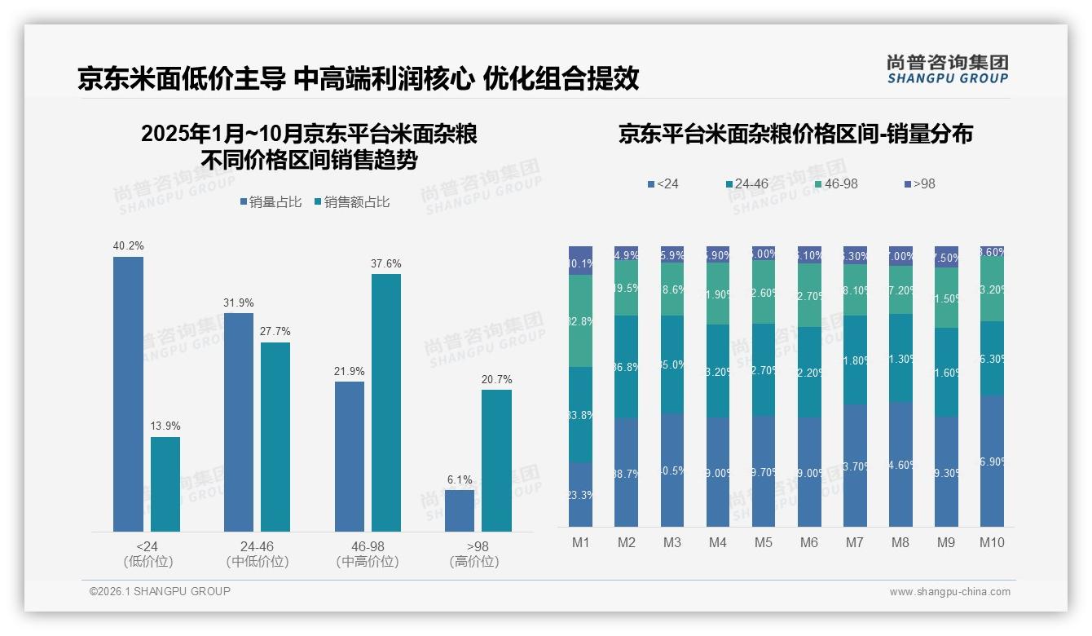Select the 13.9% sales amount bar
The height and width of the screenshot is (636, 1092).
click(x=165, y=484)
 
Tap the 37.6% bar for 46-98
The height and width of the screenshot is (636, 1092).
click(x=386, y=403)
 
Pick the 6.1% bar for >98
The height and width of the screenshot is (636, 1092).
click(x=460, y=510)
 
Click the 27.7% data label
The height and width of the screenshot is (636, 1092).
click(x=275, y=332)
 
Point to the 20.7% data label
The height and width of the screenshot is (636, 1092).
click(x=496, y=379)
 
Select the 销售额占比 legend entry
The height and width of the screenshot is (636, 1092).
click(x=351, y=202)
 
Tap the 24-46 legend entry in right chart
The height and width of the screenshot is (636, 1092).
click(x=746, y=184)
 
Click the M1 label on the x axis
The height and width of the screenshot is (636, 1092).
click(x=580, y=542)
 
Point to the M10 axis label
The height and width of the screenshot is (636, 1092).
click(x=992, y=542)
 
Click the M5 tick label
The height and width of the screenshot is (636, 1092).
click(x=763, y=542)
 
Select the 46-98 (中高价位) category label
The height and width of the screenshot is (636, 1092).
click(x=368, y=554)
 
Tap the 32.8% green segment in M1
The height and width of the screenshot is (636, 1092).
click(x=580, y=320)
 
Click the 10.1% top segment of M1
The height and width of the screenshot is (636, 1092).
click(x=580, y=261)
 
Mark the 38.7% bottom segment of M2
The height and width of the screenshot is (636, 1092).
click(x=626, y=472)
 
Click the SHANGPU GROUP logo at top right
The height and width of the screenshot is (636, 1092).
click(x=947, y=69)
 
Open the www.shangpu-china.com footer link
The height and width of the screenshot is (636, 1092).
click(x=949, y=592)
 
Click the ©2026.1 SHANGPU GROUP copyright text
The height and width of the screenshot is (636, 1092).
click(x=160, y=591)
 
